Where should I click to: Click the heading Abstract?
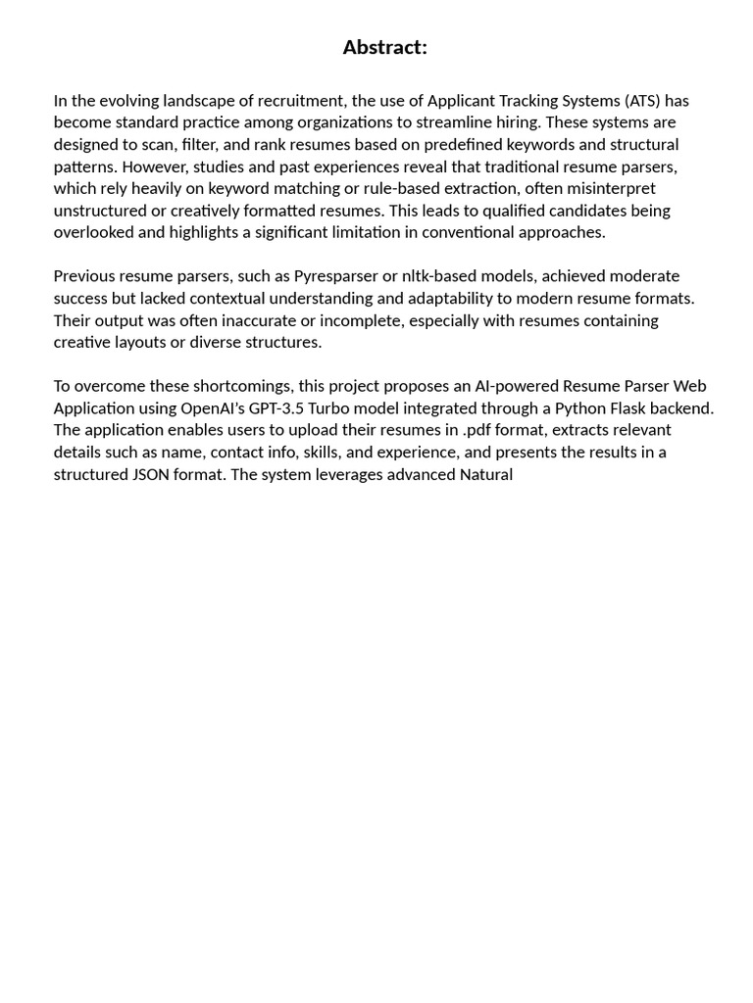[x=384, y=47]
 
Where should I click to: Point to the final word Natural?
[x=485, y=474]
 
